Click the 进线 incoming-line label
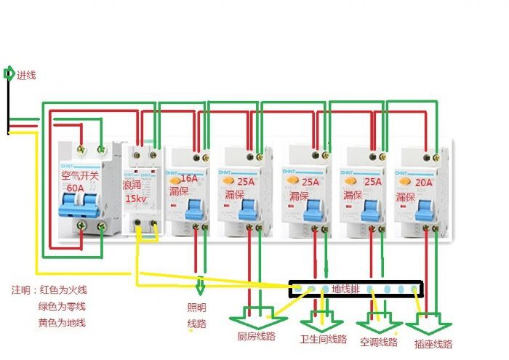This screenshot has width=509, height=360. [26, 75]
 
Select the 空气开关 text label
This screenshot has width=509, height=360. [82, 176]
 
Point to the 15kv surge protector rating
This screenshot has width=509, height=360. [135, 199]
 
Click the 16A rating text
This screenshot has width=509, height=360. [189, 178]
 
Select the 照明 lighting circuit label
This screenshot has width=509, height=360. [197, 307]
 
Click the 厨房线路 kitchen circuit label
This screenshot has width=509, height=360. [256, 337]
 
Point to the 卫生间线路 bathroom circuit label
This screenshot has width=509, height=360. [323, 340]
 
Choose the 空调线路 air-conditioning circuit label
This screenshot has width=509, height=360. [379, 341]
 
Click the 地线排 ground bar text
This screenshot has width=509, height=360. [346, 289]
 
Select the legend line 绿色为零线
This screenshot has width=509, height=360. [63, 305]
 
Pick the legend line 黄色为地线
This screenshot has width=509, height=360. [63, 322]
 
